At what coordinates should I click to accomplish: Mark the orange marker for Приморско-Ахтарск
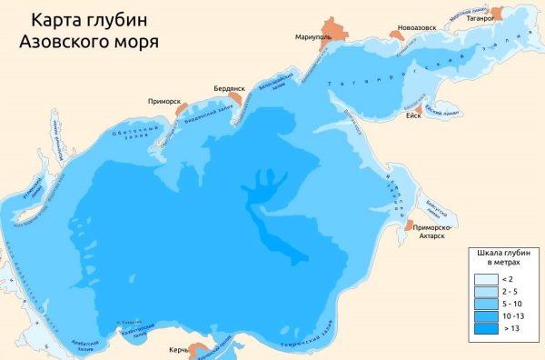(410, 223)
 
